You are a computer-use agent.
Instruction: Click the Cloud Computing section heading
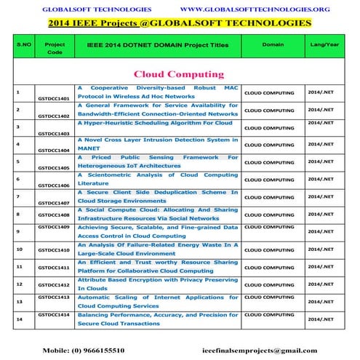pyautogui.click(x=178, y=74)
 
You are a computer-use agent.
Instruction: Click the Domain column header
pyautogui.click(x=273, y=44)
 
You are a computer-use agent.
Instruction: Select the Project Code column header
pyautogui.click(x=55, y=48)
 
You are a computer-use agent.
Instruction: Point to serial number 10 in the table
pyautogui.click(x=18, y=249)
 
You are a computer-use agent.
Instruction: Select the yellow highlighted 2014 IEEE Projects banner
pyautogui.click(x=180, y=23)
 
